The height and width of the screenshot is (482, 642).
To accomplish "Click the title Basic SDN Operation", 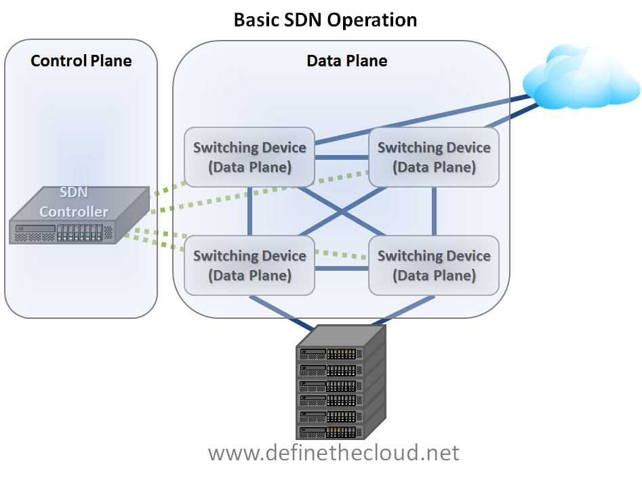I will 325,19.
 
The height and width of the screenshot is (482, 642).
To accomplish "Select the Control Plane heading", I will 81,61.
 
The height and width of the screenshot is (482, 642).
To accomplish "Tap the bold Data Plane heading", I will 347,61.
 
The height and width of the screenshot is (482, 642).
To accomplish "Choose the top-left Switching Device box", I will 249,157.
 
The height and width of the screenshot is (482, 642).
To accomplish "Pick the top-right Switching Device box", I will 434,157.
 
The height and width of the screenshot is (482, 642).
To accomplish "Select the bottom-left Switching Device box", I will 249,265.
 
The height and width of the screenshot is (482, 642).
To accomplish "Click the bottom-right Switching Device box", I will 434,265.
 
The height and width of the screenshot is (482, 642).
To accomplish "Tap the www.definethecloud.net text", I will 334,452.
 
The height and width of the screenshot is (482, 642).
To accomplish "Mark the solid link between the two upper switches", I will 342,157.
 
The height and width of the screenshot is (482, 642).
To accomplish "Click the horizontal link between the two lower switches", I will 342,268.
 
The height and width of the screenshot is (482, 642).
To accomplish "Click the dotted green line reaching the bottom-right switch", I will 342,255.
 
